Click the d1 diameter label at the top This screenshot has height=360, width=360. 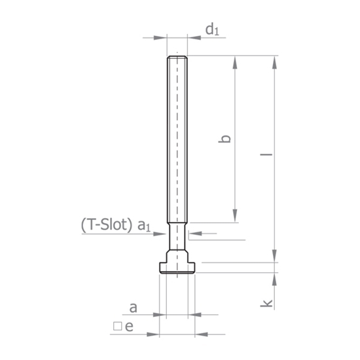pos(212,29)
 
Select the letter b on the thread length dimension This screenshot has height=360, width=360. pos(225,138)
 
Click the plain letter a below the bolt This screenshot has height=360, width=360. pos(133,306)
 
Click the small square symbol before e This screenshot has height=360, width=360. pos(117,326)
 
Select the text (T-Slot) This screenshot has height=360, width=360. pos(107,225)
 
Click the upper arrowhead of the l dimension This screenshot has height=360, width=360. pos(275,60)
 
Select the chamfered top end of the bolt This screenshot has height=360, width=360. pos(177,58)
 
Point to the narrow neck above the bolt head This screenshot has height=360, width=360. pos(177,234)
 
